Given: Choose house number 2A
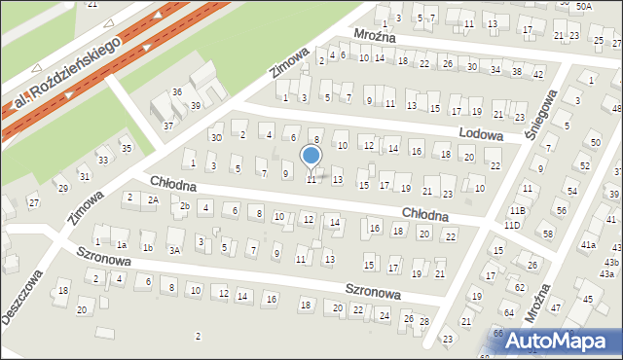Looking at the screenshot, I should point(153,199).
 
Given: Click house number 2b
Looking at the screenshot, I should point(183,205).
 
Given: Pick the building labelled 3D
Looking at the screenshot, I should point(217,137).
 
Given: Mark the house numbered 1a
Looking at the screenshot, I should point(121,245).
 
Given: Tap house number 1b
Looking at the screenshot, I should point(148,248).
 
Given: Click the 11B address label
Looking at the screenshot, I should point(517,210).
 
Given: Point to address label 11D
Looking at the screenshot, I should point(512,226).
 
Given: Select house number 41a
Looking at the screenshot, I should point(589,245).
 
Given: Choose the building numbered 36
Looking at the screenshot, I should point(177,91).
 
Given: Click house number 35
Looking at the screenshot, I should point(126,148).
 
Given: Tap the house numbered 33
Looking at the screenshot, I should point(103,160).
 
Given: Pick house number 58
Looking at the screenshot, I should point(548,234).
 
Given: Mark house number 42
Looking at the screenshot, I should point(538,74).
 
